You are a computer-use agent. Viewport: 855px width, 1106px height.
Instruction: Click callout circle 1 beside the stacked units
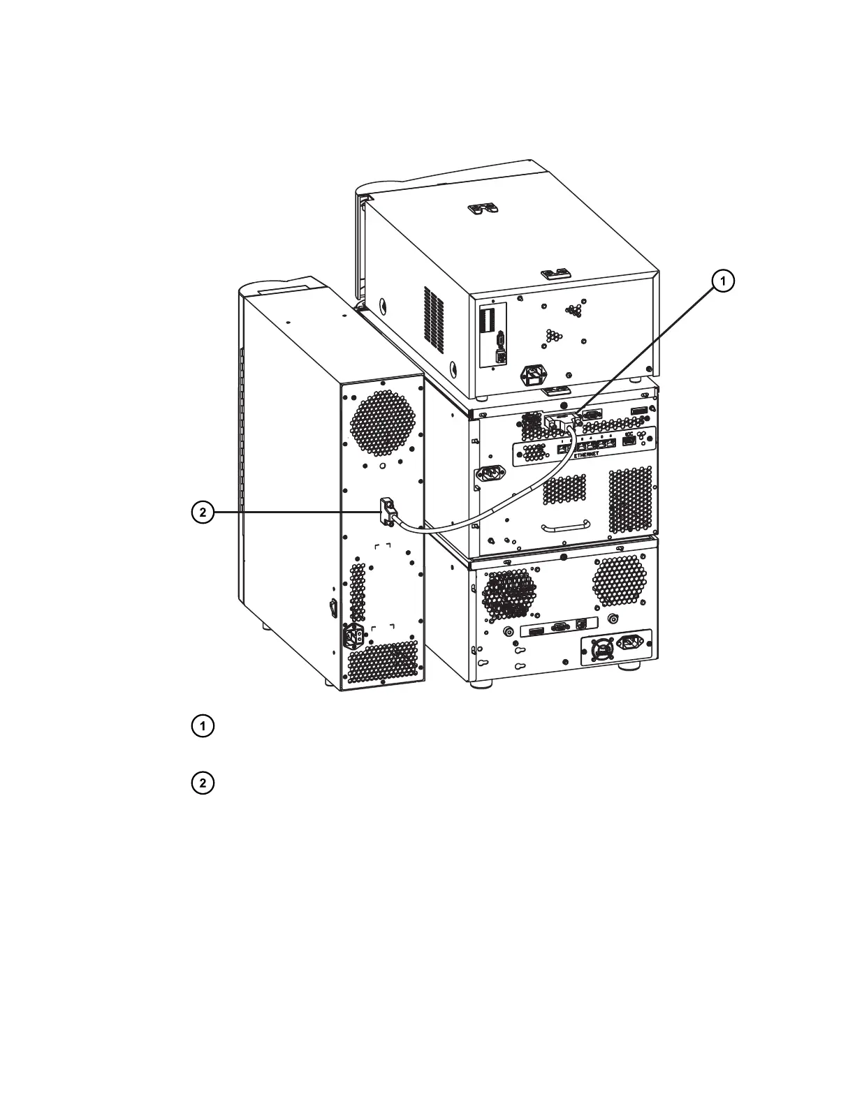tap(723, 281)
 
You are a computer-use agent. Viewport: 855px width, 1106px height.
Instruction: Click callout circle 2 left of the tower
tap(203, 513)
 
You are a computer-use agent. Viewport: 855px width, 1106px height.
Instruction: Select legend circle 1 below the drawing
tap(203, 726)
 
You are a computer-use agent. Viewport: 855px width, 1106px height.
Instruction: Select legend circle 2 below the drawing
tap(203, 783)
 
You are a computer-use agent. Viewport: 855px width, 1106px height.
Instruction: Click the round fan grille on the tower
tap(381, 420)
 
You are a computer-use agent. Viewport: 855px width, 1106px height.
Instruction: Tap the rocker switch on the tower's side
tap(332, 608)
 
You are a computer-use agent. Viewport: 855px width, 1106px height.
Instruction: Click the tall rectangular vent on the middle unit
tap(631, 500)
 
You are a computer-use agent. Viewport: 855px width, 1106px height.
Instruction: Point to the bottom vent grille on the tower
tap(381, 663)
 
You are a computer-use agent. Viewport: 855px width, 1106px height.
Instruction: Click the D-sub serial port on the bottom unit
tap(558, 628)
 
